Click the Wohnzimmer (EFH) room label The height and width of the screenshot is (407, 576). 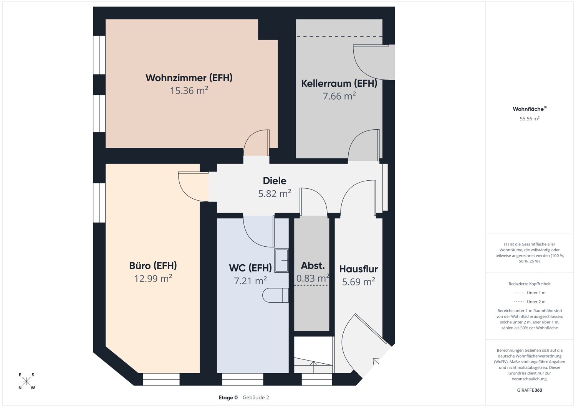(x=189, y=78)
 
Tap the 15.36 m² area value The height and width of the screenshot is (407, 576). (x=189, y=91)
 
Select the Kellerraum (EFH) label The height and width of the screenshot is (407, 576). (x=339, y=83)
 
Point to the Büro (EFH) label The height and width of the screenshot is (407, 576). (x=153, y=265)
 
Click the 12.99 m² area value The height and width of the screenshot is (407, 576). (x=153, y=278)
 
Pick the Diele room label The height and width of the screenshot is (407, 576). (x=275, y=181)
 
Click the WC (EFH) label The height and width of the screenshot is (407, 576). (x=250, y=267)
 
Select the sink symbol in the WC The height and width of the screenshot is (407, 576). (x=281, y=260)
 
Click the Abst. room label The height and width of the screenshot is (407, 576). (x=313, y=265)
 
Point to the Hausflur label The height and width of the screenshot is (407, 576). (x=358, y=269)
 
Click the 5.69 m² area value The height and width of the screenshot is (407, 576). (x=358, y=282)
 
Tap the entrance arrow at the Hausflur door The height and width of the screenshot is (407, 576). (x=376, y=361)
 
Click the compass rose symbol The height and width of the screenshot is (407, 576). (x=26, y=381)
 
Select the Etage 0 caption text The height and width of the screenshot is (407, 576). (x=228, y=397)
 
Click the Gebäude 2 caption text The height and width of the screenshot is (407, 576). (x=256, y=397)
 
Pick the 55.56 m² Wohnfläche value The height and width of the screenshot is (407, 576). (x=530, y=119)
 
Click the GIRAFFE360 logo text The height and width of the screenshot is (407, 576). (x=530, y=390)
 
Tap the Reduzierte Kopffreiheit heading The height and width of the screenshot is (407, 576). (x=530, y=284)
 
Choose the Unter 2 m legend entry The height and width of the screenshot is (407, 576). (x=536, y=302)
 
